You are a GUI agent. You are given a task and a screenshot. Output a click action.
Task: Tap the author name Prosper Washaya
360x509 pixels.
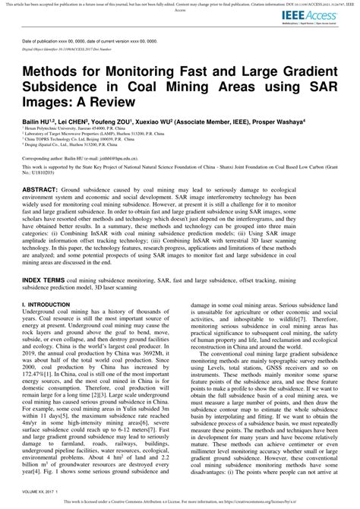pyautogui.click(x=276, y=121)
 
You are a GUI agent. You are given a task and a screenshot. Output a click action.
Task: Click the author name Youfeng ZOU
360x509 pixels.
pyautogui.click(x=111, y=121)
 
